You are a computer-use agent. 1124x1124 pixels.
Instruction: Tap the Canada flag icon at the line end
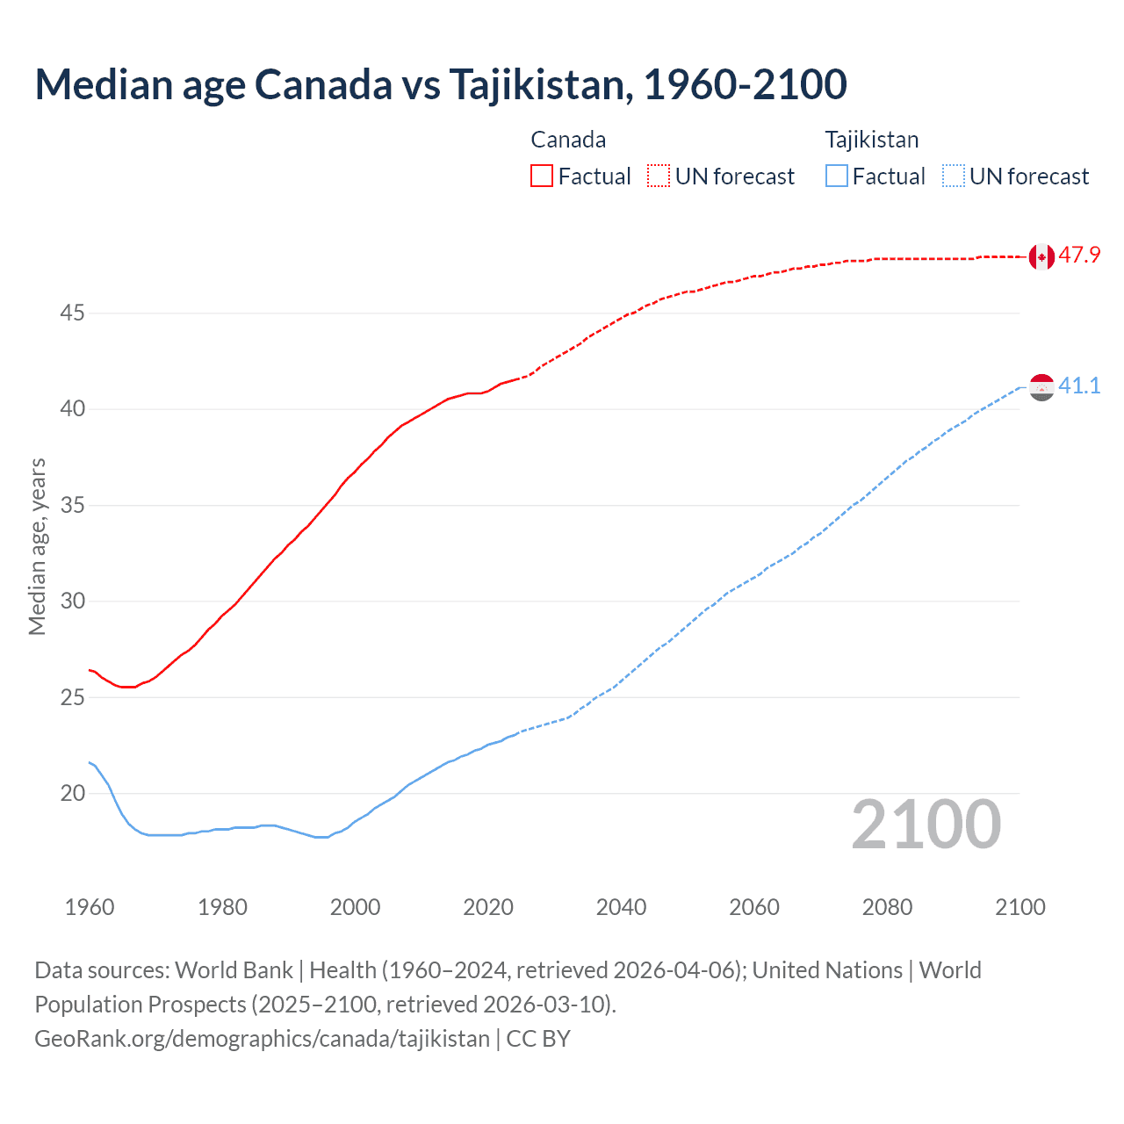coord(1041,256)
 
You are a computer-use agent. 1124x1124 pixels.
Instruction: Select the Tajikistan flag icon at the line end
coord(1041,386)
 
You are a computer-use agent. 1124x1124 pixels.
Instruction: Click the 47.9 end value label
coord(1079,256)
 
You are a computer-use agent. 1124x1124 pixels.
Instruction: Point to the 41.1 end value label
coord(1079,385)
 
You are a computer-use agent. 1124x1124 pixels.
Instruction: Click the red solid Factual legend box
coord(542,177)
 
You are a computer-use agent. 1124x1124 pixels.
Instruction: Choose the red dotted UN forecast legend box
coord(659,177)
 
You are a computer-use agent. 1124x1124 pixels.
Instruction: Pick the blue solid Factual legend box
coord(837,177)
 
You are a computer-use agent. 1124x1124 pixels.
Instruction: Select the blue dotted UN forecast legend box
coord(954,177)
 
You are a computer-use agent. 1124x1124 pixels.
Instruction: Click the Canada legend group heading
coord(568,140)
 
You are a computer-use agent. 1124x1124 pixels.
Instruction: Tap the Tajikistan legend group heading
coord(871,140)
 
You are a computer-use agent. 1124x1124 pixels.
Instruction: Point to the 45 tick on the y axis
coord(72,313)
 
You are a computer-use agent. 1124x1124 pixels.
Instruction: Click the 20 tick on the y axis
coord(72,793)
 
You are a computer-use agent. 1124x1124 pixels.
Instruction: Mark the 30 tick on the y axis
coord(72,601)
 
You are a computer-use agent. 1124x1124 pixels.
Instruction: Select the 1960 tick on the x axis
coord(90,907)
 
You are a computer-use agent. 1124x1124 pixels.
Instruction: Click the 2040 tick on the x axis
coord(621,907)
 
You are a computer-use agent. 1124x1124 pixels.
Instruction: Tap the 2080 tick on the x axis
coord(887,907)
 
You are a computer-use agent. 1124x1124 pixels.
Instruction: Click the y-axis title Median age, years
coord(37,546)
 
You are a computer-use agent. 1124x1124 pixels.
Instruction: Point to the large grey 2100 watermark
coord(926,825)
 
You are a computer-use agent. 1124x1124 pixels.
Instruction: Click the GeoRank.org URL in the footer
coord(262,1039)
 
